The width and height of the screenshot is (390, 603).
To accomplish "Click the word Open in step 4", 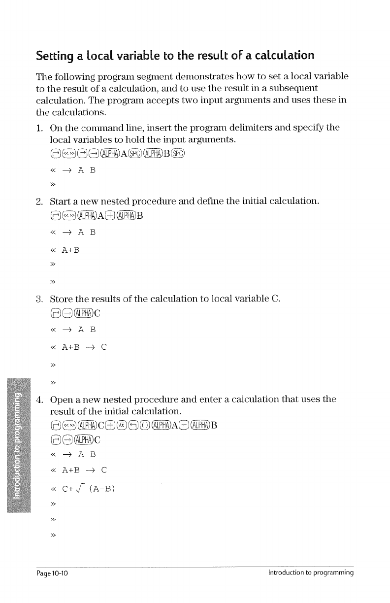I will click(62, 397).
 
